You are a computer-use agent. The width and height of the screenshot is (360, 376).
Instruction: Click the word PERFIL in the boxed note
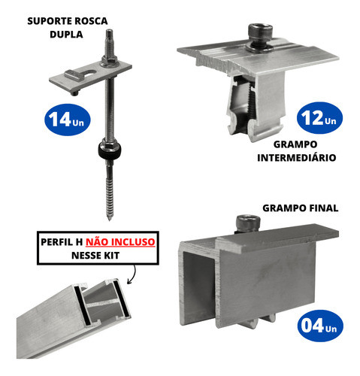coord(60,243)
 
